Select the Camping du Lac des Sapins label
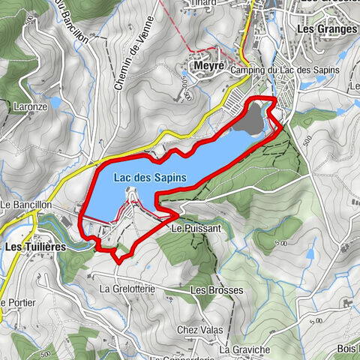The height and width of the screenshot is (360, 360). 285,70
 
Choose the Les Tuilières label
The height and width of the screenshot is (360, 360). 35,246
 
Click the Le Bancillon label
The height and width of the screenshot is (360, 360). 25,204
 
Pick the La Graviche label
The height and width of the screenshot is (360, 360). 244,349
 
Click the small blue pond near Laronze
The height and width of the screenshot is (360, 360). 55,101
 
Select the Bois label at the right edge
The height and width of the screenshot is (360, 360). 347,348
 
